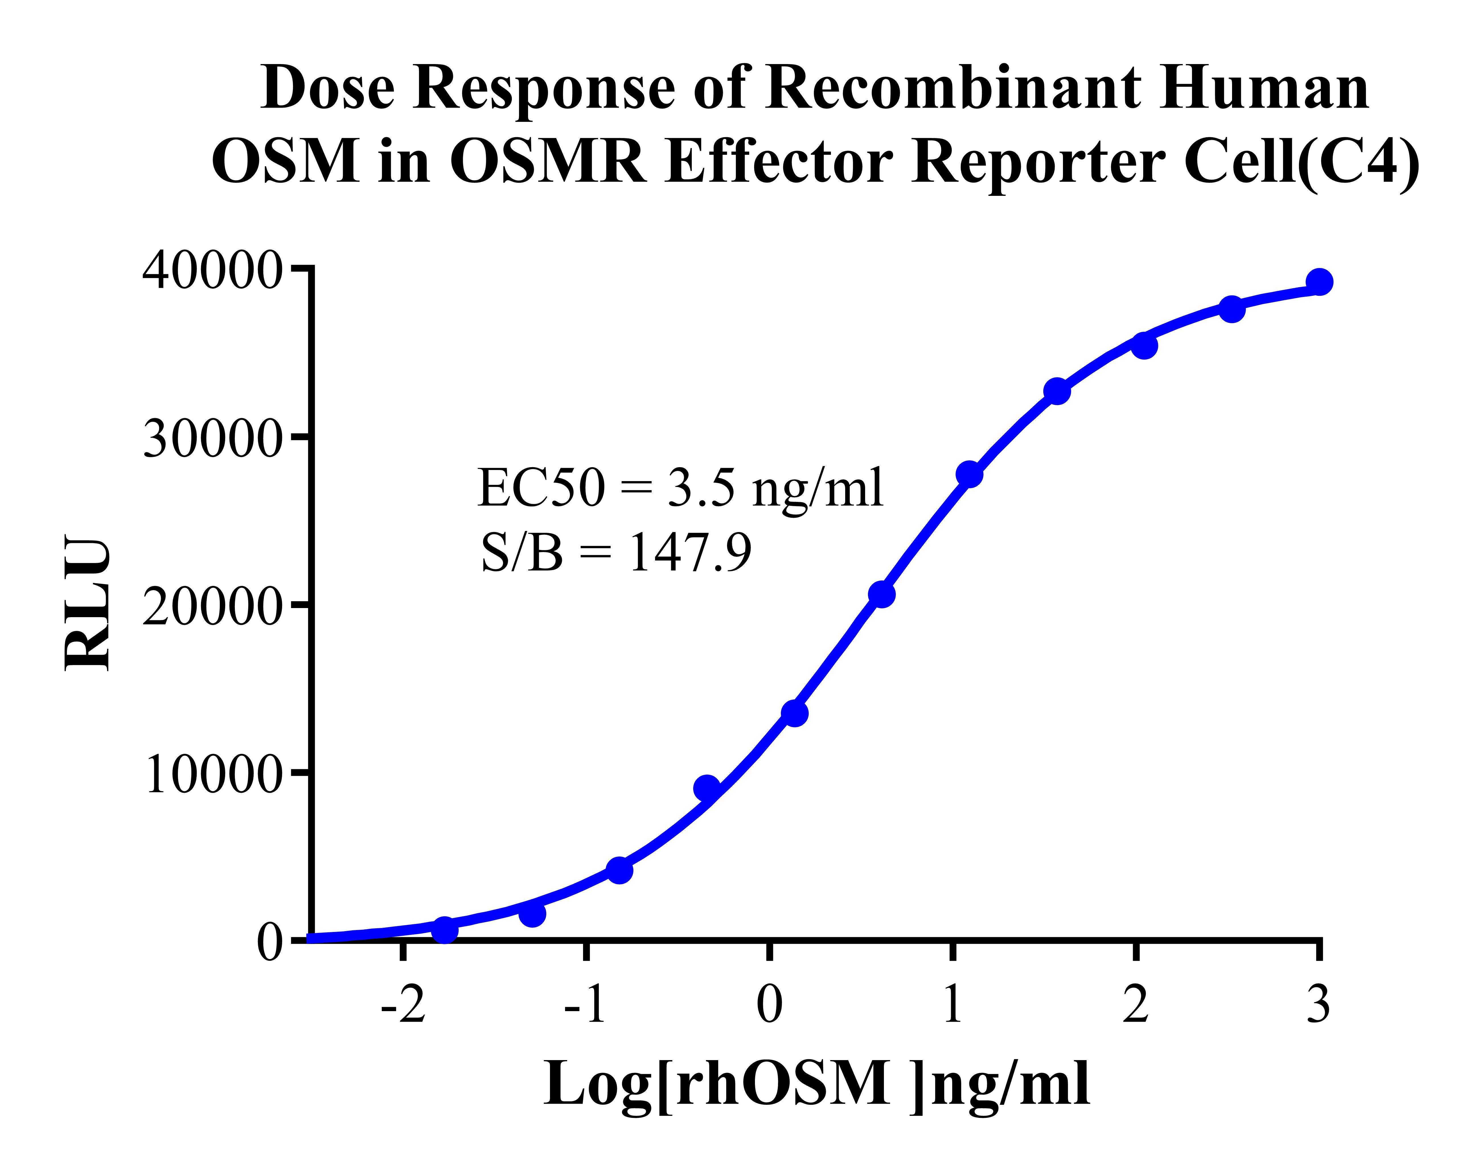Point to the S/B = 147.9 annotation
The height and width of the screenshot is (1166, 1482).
[x=616, y=552]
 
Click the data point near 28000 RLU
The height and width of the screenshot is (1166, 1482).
[x=969, y=474]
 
